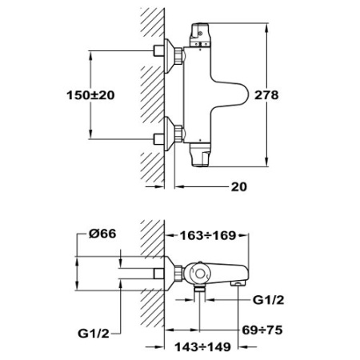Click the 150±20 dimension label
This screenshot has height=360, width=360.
90,95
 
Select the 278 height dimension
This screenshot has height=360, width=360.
266,95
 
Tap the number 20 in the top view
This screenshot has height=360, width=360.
239,186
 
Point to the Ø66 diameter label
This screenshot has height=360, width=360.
102,234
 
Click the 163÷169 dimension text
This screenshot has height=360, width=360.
208,235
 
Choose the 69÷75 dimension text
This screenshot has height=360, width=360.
262,330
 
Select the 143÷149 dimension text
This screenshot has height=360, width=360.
202,347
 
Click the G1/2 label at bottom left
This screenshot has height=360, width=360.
94,334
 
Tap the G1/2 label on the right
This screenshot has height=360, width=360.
268,300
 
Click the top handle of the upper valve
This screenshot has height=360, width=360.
199,34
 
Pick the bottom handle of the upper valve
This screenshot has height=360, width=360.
200,154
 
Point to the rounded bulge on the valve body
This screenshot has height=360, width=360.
232,94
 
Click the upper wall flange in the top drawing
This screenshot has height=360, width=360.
169,56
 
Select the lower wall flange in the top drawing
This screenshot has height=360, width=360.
169,134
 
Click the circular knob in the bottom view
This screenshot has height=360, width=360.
199,274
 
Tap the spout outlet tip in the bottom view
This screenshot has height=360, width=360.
238,283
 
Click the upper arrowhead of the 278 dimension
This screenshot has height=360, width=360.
266,29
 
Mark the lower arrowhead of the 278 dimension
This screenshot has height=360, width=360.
266,162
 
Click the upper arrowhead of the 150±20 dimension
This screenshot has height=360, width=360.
90,55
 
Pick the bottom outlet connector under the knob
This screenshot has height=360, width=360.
199,289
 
